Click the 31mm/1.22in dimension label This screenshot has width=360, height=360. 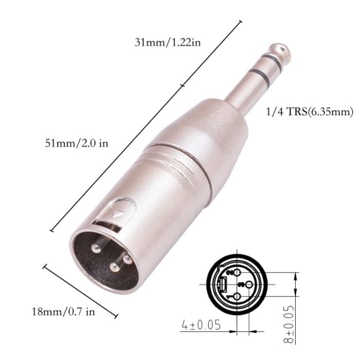click(x=167, y=42)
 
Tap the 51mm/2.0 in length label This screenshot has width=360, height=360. click(x=77, y=143)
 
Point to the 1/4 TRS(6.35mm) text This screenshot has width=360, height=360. click(x=311, y=111)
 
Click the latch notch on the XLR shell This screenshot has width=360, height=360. click(x=120, y=211)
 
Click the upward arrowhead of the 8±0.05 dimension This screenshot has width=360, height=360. click(x=295, y=276)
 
